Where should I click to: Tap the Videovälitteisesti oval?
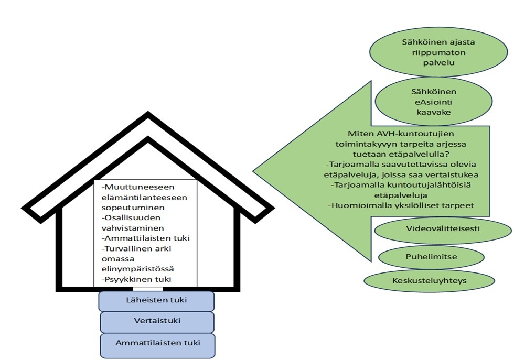[x=443, y=229]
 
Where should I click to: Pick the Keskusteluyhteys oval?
[x=429, y=280]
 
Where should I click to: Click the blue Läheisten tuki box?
[x=156, y=300]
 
